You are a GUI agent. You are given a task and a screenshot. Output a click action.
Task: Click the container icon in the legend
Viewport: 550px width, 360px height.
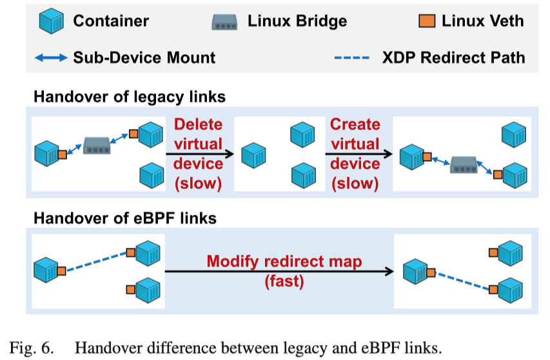[x=52, y=22]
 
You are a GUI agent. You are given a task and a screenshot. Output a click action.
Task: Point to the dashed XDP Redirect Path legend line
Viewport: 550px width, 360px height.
[x=352, y=58]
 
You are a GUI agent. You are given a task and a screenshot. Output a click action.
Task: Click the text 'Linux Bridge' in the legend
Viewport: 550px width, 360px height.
[x=297, y=21]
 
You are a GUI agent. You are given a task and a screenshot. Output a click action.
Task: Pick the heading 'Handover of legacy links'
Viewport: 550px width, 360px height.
[x=130, y=97]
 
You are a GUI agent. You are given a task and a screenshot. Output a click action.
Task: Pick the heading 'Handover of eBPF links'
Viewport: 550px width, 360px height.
[x=125, y=218]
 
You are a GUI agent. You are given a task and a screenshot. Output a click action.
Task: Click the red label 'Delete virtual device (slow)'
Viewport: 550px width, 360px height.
[x=198, y=154]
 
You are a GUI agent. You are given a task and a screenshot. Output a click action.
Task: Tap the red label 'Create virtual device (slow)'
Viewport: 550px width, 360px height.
[x=355, y=154]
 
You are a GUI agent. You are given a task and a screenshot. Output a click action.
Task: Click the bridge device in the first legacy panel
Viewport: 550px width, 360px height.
[x=97, y=145]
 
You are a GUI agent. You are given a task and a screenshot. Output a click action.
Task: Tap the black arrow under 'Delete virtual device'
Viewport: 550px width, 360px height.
[x=198, y=154]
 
